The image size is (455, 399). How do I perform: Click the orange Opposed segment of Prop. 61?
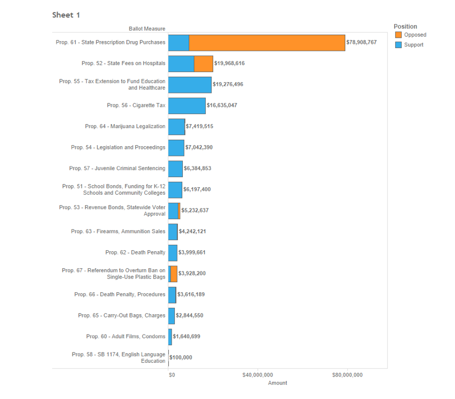click(266, 43)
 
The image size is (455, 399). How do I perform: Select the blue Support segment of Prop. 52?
click(181, 63)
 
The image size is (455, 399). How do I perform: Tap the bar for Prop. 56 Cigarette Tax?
click(186, 106)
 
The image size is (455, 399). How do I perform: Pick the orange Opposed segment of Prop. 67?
click(174, 274)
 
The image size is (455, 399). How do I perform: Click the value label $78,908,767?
click(361, 42)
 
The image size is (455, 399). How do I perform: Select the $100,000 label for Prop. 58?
click(181, 357)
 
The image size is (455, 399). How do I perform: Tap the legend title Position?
click(405, 26)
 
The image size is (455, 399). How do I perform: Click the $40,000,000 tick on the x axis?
click(258, 375)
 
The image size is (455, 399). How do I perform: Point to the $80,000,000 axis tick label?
click(347, 375)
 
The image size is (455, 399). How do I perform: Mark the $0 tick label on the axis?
click(172, 375)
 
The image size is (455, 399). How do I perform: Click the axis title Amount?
click(278, 383)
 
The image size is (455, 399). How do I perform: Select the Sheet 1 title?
click(66, 15)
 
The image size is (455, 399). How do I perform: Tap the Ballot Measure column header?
click(147, 29)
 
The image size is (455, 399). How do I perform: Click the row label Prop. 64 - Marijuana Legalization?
click(125, 126)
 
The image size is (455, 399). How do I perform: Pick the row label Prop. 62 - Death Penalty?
click(135, 252)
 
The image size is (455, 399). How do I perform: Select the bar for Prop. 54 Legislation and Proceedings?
click(176, 148)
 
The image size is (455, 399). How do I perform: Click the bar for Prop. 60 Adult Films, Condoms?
click(170, 337)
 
